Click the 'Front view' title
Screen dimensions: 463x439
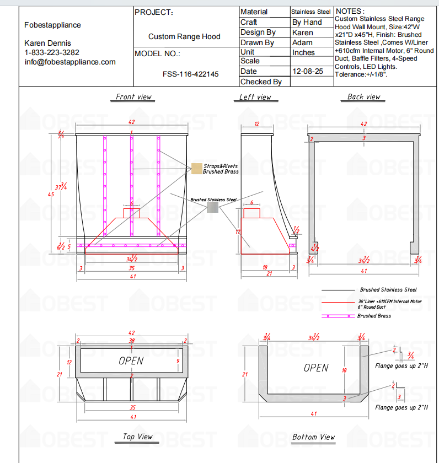coord(133,97)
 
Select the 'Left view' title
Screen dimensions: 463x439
coord(255,97)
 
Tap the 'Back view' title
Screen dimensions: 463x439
coord(363,97)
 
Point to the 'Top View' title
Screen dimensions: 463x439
coord(137,437)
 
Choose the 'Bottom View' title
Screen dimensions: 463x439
coord(313,437)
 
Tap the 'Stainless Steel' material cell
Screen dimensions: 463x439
coord(311,12)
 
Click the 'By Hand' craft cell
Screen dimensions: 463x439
coord(307,22)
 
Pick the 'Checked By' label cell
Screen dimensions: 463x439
coord(261,82)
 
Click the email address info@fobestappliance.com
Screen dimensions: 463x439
coord(70,62)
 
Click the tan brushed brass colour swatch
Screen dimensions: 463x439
coord(197,169)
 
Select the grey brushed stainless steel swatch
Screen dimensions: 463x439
coord(212,207)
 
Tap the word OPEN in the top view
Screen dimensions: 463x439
coord(131,361)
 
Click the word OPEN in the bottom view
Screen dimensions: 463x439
coord(315,368)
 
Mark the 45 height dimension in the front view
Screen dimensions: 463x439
coord(51,194)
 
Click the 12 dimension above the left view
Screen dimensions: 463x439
coord(256,124)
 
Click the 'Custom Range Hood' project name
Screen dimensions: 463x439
coord(184,36)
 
